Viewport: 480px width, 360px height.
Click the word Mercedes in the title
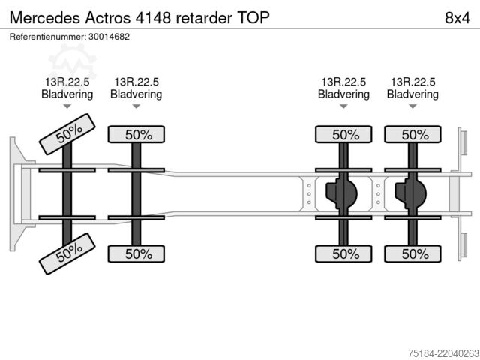tap(45, 18)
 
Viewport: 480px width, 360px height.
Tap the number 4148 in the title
tap(153, 18)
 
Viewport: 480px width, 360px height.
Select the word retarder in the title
tap(204, 18)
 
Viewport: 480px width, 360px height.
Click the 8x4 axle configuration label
tap(457, 18)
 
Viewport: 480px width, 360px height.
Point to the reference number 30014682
tap(109, 37)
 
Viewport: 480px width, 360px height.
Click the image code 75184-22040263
tap(443, 353)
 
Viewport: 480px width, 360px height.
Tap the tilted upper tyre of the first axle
tap(67, 134)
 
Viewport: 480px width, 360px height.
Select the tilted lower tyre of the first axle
tap(67, 253)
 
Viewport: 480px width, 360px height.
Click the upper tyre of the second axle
tap(136, 134)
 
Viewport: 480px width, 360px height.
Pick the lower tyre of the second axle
tap(136, 253)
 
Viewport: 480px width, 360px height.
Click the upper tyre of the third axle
tap(343, 134)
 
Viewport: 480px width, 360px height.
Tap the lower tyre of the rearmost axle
tap(412, 253)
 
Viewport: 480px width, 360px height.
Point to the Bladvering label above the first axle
tap(67, 94)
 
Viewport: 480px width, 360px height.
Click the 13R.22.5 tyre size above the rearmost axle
tap(413, 82)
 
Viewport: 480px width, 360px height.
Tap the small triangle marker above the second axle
tap(136, 106)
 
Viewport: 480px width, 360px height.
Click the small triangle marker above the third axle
tap(343, 106)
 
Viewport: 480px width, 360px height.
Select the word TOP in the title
tap(253, 18)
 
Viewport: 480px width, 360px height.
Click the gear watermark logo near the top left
tap(73, 61)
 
